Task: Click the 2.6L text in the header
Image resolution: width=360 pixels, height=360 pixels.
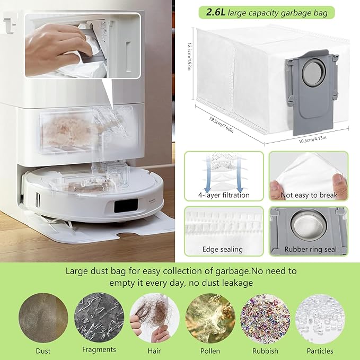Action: (216, 12)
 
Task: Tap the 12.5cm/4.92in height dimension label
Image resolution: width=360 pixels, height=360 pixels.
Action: (189, 56)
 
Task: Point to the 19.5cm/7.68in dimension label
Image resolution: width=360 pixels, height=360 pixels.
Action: (221, 125)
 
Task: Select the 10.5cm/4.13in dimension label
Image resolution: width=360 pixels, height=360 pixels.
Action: (312, 139)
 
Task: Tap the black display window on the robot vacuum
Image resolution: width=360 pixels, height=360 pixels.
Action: (126, 205)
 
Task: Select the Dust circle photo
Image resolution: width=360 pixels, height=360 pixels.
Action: (43, 318)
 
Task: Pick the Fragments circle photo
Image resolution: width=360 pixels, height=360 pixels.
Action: (99, 317)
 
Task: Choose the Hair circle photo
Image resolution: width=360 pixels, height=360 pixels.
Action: (154, 318)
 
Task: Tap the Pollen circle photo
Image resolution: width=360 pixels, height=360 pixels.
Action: (210, 318)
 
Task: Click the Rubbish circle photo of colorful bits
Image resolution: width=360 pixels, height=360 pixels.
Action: (265, 319)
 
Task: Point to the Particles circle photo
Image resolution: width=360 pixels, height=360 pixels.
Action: (320, 319)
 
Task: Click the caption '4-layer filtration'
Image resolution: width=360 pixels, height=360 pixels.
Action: (224, 195)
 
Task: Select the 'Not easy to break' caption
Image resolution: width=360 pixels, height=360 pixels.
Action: (309, 195)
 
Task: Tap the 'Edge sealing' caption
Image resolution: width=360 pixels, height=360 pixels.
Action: (223, 249)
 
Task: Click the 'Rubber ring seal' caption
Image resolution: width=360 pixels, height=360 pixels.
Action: (310, 249)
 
